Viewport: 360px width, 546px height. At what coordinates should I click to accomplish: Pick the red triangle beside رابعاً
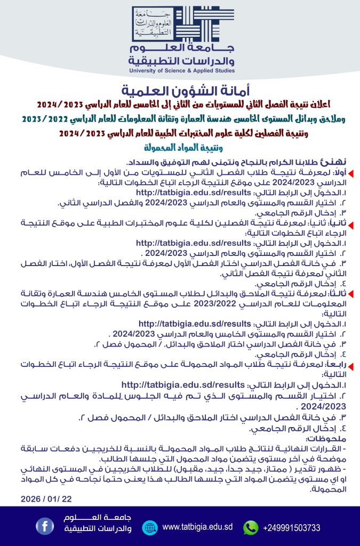point(353,365)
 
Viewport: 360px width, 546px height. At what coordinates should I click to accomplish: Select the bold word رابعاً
point(335,365)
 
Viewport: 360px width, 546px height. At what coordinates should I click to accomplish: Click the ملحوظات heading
point(326,439)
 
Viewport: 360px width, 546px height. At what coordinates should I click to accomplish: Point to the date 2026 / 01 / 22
point(46,499)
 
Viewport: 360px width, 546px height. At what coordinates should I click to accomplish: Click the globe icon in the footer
point(150,527)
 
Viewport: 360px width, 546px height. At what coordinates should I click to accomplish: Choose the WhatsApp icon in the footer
point(250,527)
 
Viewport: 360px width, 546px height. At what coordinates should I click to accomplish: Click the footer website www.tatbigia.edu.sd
point(197,527)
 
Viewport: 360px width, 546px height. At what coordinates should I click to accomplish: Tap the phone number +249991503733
point(292,528)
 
